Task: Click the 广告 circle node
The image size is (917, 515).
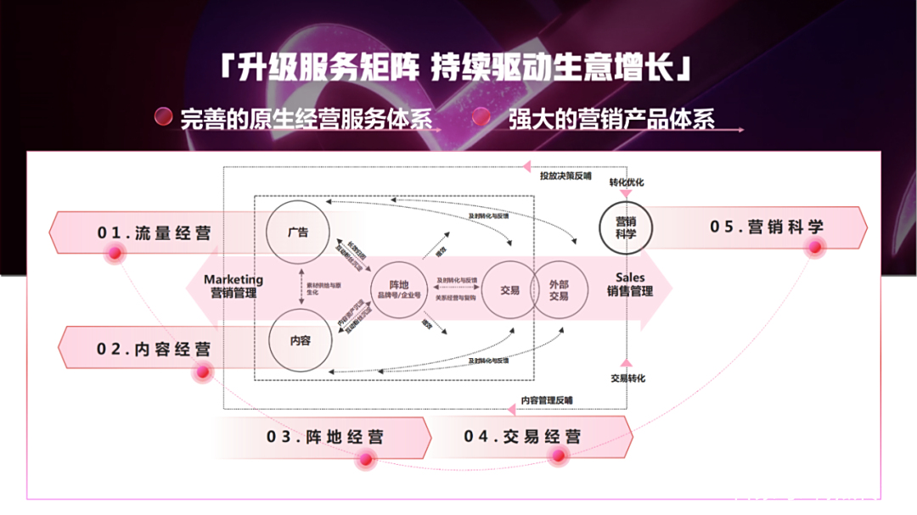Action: pos(298,231)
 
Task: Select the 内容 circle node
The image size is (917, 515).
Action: pos(301,341)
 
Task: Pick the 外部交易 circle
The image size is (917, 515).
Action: pos(559,290)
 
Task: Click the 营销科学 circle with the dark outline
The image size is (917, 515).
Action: pos(626,228)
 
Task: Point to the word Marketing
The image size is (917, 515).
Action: pos(233,279)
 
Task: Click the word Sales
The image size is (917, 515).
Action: pos(630,277)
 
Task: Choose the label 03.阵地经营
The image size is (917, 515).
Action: pos(324,437)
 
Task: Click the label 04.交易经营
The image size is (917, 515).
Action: pos(523,437)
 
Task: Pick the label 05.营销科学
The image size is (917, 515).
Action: pos(767,227)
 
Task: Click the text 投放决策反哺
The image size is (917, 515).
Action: pos(565,176)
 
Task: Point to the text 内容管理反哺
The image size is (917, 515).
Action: pos(547,400)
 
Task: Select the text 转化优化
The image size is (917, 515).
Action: pos(627,182)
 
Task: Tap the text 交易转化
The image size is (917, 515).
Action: pos(627,378)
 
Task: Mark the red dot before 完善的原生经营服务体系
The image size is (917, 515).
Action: pos(163,117)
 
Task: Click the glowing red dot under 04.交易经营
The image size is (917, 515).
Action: pos(558,456)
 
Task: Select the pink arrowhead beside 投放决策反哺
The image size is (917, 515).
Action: pos(527,166)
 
